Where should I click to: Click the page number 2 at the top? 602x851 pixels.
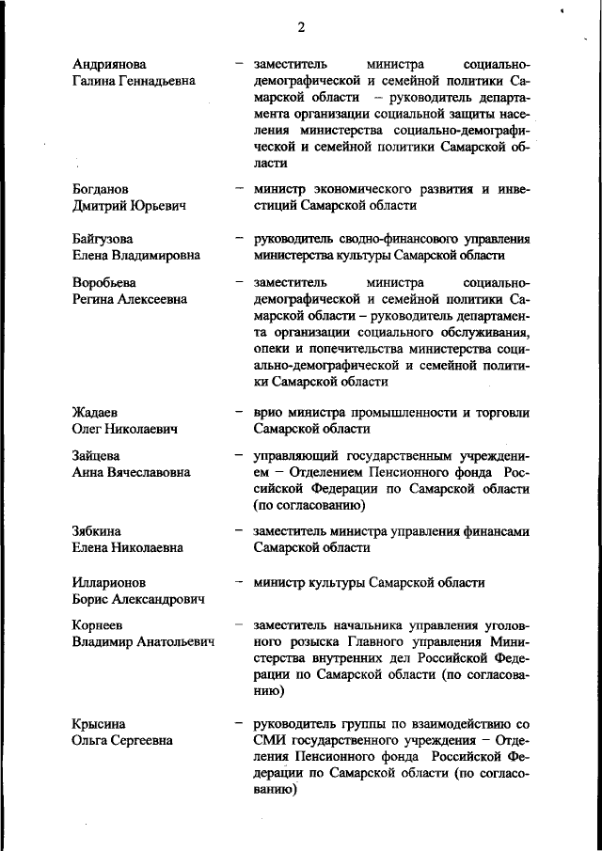(x=301, y=27)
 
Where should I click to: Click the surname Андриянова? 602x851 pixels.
(x=109, y=64)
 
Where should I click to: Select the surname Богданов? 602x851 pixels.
(x=101, y=189)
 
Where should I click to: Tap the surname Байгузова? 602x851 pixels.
(x=103, y=239)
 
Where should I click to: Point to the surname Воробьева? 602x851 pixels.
(x=103, y=283)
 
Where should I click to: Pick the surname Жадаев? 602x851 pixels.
(x=95, y=413)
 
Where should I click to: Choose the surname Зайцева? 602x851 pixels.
(x=97, y=456)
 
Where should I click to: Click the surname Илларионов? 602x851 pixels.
(x=108, y=582)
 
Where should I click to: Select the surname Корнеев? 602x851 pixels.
(x=98, y=625)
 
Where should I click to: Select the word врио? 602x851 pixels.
(x=268, y=413)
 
